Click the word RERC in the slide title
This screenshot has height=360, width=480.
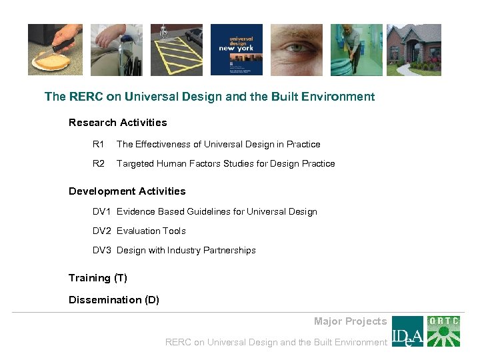pyautogui.click(x=85, y=97)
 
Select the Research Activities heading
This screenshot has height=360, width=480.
pyautogui.click(x=117, y=123)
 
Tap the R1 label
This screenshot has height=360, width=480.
pyautogui.click(x=99, y=145)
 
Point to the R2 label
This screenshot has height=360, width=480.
pyautogui.click(x=99, y=164)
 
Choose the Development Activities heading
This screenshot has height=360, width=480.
pyautogui.click(x=127, y=191)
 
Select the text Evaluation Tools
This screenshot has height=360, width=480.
pyautogui.click(x=151, y=231)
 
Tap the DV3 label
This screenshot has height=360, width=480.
pyautogui.click(x=103, y=251)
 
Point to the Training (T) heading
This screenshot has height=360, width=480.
pyautogui.click(x=97, y=278)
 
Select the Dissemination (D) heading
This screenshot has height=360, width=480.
pyautogui.click(x=113, y=300)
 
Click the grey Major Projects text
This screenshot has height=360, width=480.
pyautogui.click(x=350, y=321)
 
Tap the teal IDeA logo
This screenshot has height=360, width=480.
pyautogui.click(x=407, y=331)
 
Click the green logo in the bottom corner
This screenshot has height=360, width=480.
pyautogui.click(x=443, y=331)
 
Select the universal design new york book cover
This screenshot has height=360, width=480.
pyautogui.click(x=237, y=50)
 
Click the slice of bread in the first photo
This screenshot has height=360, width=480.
pyautogui.click(x=51, y=62)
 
